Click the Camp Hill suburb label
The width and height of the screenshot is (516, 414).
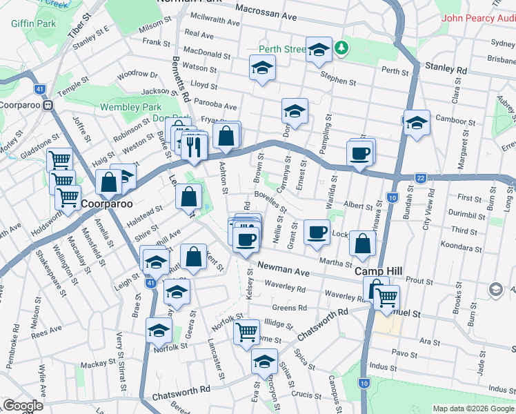pyautogui.click(x=373, y=272)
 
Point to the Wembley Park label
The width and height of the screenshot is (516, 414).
pyautogui.click(x=130, y=107)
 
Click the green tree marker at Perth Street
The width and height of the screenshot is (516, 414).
pyautogui.click(x=340, y=48)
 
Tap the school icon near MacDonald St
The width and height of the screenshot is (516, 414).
pyautogui.click(x=261, y=68)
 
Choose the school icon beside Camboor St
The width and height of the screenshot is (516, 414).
pyautogui.click(x=417, y=122)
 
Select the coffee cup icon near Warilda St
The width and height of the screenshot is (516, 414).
pyautogui.click(x=360, y=152)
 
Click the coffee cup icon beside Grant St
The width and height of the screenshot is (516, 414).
pyautogui.click(x=317, y=231)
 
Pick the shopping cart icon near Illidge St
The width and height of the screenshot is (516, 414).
pyautogui.click(x=246, y=332)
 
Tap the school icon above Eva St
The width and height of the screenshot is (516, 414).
pyautogui.click(x=264, y=361)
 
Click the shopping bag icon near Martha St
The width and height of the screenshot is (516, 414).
pyautogui.click(x=362, y=244)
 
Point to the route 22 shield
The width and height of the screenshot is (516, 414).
pyautogui.click(x=420, y=178)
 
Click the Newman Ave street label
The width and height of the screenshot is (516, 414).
pyautogui.click(x=283, y=269)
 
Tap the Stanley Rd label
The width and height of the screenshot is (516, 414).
pyautogui.click(x=446, y=69)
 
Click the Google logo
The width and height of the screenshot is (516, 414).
pyautogui.click(x=23, y=406)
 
